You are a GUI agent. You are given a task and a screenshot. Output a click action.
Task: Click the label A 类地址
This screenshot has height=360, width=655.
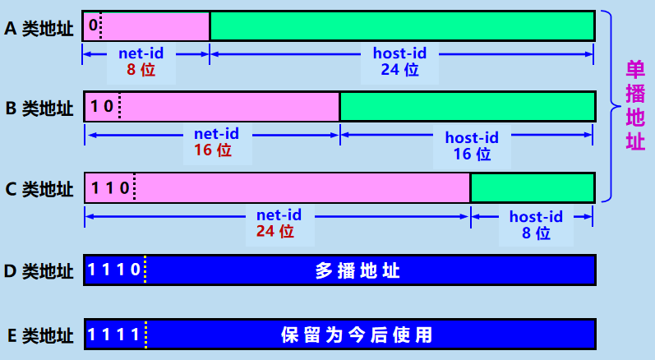pyautogui.click(x=39, y=29)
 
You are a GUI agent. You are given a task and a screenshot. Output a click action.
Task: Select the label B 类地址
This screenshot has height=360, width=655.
pyautogui.click(x=39, y=108)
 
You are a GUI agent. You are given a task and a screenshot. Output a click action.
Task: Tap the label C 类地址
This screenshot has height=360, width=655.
pyautogui.click(x=39, y=189)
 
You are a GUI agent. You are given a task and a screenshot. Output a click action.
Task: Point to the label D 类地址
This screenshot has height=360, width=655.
pyautogui.click(x=39, y=270)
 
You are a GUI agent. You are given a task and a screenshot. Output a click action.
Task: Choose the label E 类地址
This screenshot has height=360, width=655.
pyautogui.click(x=40, y=335)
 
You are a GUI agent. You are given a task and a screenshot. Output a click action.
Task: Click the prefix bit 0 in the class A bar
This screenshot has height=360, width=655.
pyautogui.click(x=93, y=25)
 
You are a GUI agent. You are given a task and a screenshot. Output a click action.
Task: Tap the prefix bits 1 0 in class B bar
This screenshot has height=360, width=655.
pyautogui.click(x=102, y=107)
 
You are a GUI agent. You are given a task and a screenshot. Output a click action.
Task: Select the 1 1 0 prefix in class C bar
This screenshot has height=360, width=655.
pyautogui.click(x=110, y=188)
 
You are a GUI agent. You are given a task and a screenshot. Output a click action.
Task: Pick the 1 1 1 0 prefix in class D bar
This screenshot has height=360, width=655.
pyautogui.click(x=114, y=270)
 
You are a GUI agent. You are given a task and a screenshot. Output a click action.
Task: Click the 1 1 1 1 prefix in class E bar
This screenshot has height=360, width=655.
pyautogui.click(x=113, y=334)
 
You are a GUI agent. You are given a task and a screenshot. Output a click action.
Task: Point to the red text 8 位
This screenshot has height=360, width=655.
pyautogui.click(x=141, y=70)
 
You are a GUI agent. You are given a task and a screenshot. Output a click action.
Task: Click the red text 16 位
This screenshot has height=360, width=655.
pyautogui.click(x=213, y=150)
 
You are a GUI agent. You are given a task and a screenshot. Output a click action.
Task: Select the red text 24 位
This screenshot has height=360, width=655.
pyautogui.click(x=275, y=231)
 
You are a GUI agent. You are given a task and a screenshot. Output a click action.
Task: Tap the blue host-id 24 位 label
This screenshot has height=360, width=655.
pyautogui.click(x=399, y=62)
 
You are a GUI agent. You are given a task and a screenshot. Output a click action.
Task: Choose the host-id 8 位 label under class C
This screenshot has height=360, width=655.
pyautogui.click(x=536, y=224)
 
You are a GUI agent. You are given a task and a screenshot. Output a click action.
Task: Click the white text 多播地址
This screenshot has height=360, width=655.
pyautogui.click(x=357, y=270)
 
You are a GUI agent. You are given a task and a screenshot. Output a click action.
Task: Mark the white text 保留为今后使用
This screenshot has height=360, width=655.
pyautogui.click(x=357, y=335)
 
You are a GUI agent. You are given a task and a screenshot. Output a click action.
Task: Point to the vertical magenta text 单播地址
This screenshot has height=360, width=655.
pyautogui.click(x=635, y=105)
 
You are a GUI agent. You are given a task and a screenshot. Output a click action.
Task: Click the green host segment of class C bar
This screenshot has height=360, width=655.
pyautogui.click(x=533, y=188)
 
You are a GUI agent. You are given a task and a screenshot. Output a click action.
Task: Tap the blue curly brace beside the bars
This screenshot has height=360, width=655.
pyautogui.click(x=611, y=106)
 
